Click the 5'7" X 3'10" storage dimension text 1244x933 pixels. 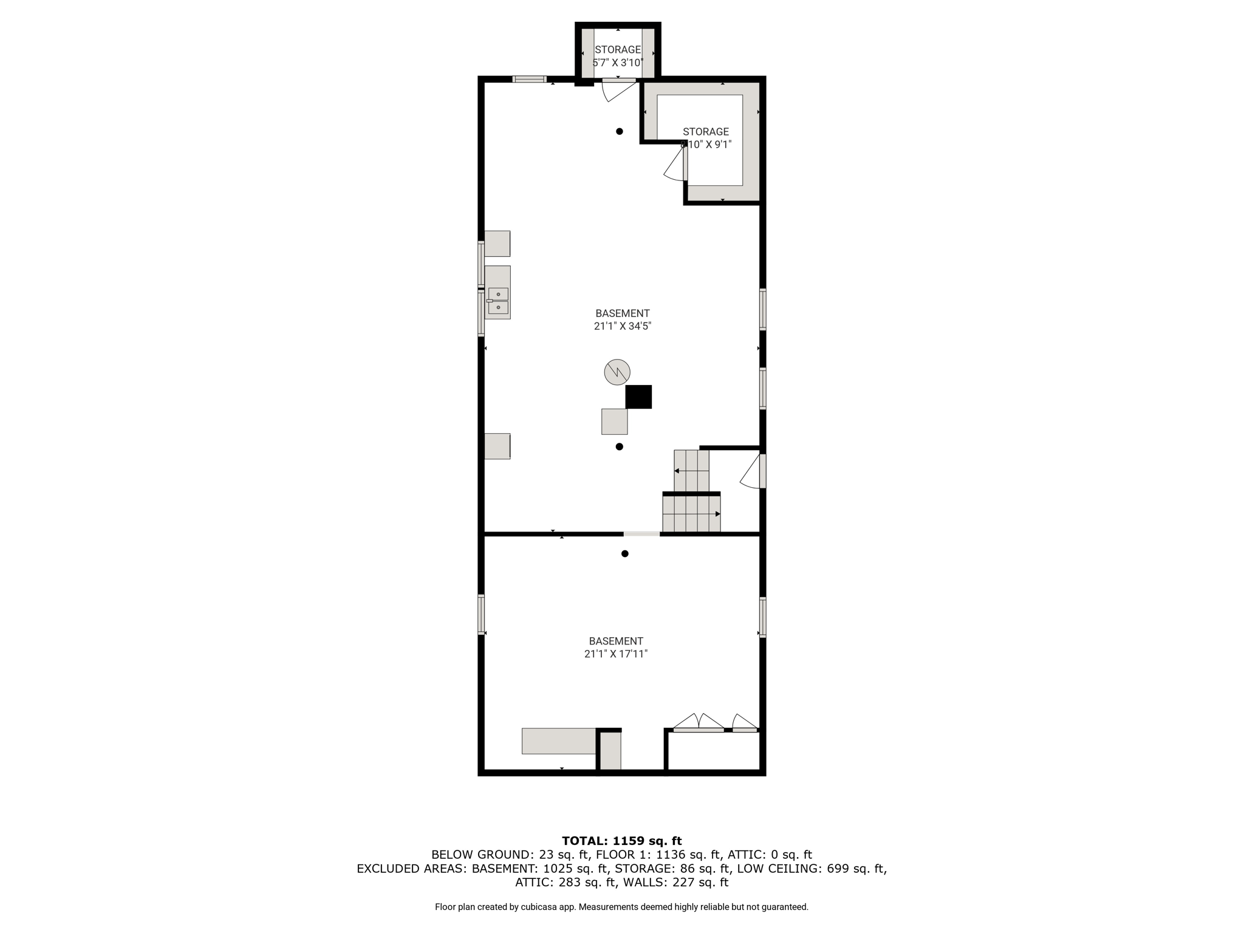pos(618,63)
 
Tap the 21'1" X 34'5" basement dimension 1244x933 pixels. pos(622,326)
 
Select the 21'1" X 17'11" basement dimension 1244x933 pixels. pos(616,654)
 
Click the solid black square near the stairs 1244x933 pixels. pos(638,397)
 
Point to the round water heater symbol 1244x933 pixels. pos(617,372)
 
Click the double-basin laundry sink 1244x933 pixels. pos(498,301)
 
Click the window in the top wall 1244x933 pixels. pos(529,79)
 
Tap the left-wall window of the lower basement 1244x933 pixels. pos(481,615)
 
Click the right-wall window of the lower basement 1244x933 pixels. pos(763,617)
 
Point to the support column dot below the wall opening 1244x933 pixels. pos(624,553)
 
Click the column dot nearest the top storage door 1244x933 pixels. pos(620,131)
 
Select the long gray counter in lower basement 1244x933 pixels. pos(559,741)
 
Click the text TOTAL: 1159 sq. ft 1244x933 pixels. pos(622,841)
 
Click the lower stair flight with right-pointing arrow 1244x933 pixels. pos(691,513)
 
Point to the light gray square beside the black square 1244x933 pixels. pos(614,422)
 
